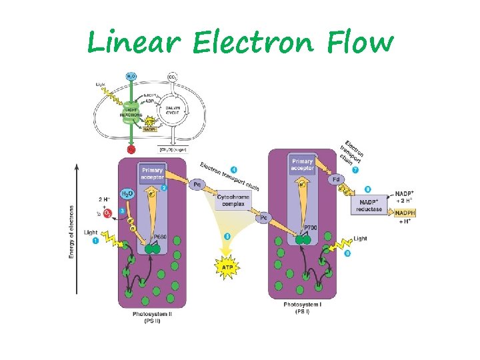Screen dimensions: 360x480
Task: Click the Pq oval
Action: tap(197, 183)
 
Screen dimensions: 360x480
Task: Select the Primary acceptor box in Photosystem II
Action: tap(152, 174)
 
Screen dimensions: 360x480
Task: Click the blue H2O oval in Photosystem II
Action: tap(129, 193)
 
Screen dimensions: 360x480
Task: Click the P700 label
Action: tap(310, 228)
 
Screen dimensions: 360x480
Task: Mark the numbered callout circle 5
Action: tap(227, 236)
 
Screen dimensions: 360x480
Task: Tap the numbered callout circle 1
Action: tap(95, 241)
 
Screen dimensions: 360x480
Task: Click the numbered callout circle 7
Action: tap(355, 171)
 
